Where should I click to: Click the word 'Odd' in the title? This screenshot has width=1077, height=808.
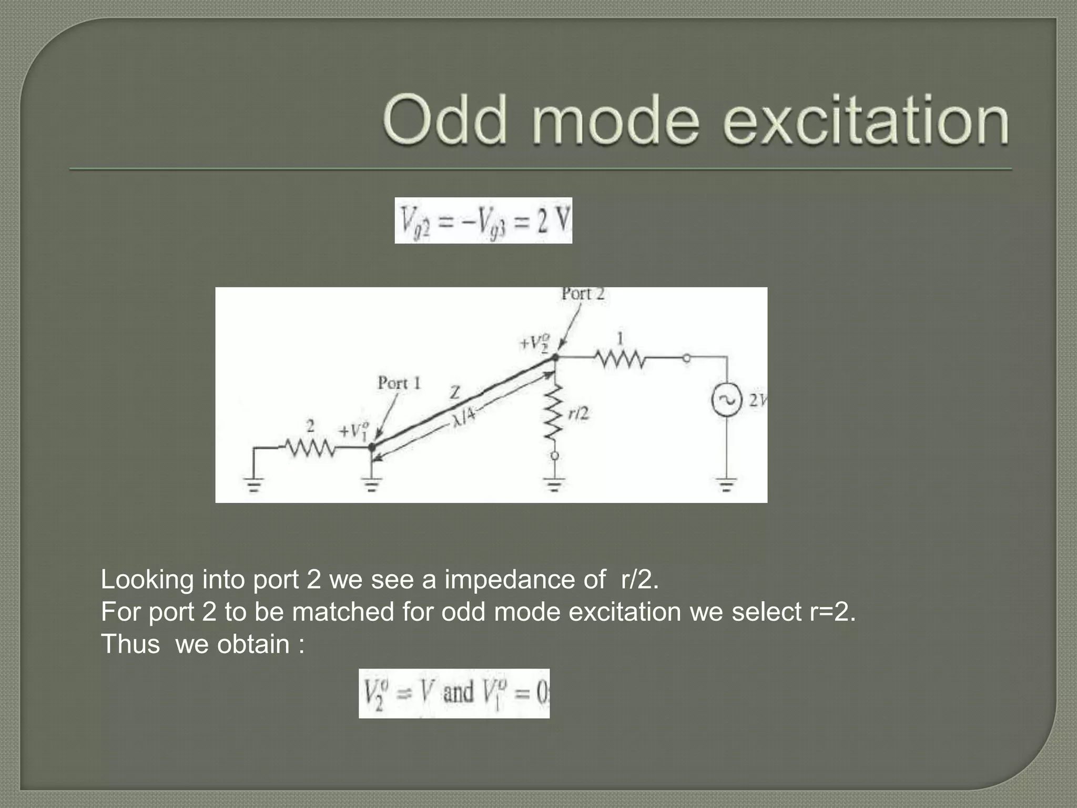[x=445, y=119]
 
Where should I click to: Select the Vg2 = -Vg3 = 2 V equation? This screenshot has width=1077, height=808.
[x=483, y=220]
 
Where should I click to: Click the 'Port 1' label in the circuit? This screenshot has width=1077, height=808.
[x=399, y=383]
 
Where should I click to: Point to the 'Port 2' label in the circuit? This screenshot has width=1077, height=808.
[x=583, y=294]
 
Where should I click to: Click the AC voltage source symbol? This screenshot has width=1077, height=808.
[x=726, y=400]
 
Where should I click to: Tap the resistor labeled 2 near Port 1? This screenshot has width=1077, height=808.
[x=309, y=448]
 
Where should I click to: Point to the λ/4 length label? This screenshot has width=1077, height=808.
[x=464, y=417]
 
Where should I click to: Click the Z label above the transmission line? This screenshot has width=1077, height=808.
[x=455, y=392]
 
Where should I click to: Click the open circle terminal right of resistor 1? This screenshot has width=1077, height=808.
[x=686, y=358]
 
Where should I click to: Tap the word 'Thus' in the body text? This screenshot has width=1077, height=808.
[x=130, y=644]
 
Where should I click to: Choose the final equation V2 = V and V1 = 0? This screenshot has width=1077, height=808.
[x=454, y=693]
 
